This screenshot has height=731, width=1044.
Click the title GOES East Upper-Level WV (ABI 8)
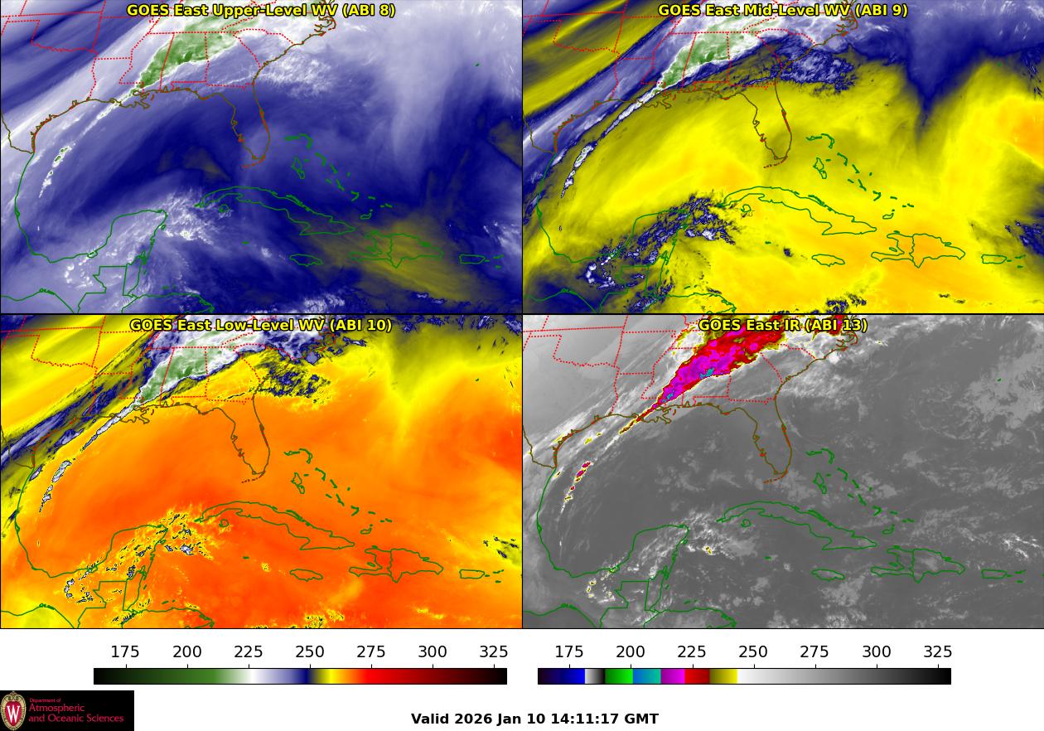(x=261, y=11)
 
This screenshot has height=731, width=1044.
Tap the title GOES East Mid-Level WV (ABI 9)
(x=782, y=11)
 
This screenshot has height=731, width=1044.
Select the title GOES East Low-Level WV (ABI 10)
(x=261, y=325)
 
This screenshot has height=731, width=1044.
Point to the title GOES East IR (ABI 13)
(x=782, y=325)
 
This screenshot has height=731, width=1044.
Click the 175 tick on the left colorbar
(x=126, y=652)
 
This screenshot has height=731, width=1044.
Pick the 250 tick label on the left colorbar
(x=310, y=652)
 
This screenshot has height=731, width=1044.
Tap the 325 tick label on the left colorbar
(x=494, y=652)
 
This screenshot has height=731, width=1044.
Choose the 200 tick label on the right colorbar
(x=631, y=652)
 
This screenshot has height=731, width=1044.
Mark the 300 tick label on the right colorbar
(x=877, y=652)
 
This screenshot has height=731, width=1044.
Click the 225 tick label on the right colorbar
(x=692, y=652)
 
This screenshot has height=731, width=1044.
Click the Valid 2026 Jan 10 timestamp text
(x=534, y=719)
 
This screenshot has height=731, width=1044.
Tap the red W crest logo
(x=13, y=711)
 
